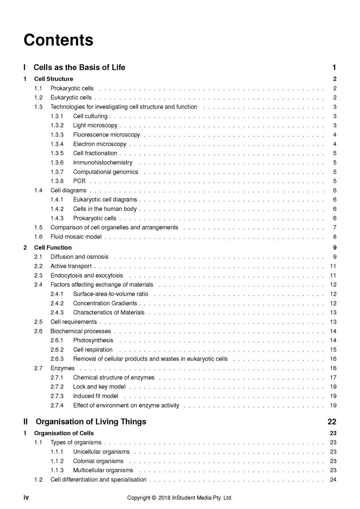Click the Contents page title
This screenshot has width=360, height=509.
(x=58, y=40)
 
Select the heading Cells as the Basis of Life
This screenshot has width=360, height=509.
(x=79, y=67)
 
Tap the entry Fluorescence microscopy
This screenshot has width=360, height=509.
(x=106, y=135)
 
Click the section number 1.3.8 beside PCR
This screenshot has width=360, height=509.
(x=57, y=181)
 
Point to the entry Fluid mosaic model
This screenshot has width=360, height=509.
(x=76, y=237)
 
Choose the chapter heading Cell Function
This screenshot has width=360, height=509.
(x=52, y=248)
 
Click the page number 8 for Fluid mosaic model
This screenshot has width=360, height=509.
(x=334, y=237)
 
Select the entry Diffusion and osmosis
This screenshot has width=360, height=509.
(x=79, y=257)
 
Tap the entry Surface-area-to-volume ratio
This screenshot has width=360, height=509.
(x=110, y=294)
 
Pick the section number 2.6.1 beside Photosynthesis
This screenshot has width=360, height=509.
(x=57, y=340)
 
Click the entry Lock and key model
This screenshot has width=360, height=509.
(x=99, y=387)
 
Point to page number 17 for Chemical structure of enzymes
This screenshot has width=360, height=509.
(x=333, y=377)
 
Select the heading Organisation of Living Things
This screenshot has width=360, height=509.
(x=91, y=422)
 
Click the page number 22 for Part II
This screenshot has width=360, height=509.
(x=332, y=422)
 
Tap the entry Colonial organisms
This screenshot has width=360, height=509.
(x=98, y=461)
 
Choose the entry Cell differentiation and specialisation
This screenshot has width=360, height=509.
(x=98, y=480)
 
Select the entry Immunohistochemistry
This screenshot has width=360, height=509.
(x=102, y=163)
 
